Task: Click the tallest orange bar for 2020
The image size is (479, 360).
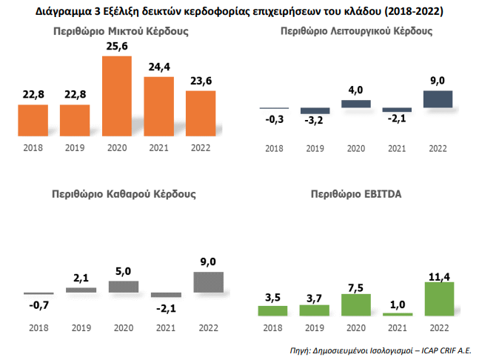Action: click(116, 95)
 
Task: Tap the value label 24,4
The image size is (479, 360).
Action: click(158, 65)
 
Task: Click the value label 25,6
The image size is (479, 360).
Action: click(116, 44)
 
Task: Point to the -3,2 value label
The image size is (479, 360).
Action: click(315, 121)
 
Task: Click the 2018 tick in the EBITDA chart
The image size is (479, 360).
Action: click(273, 327)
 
